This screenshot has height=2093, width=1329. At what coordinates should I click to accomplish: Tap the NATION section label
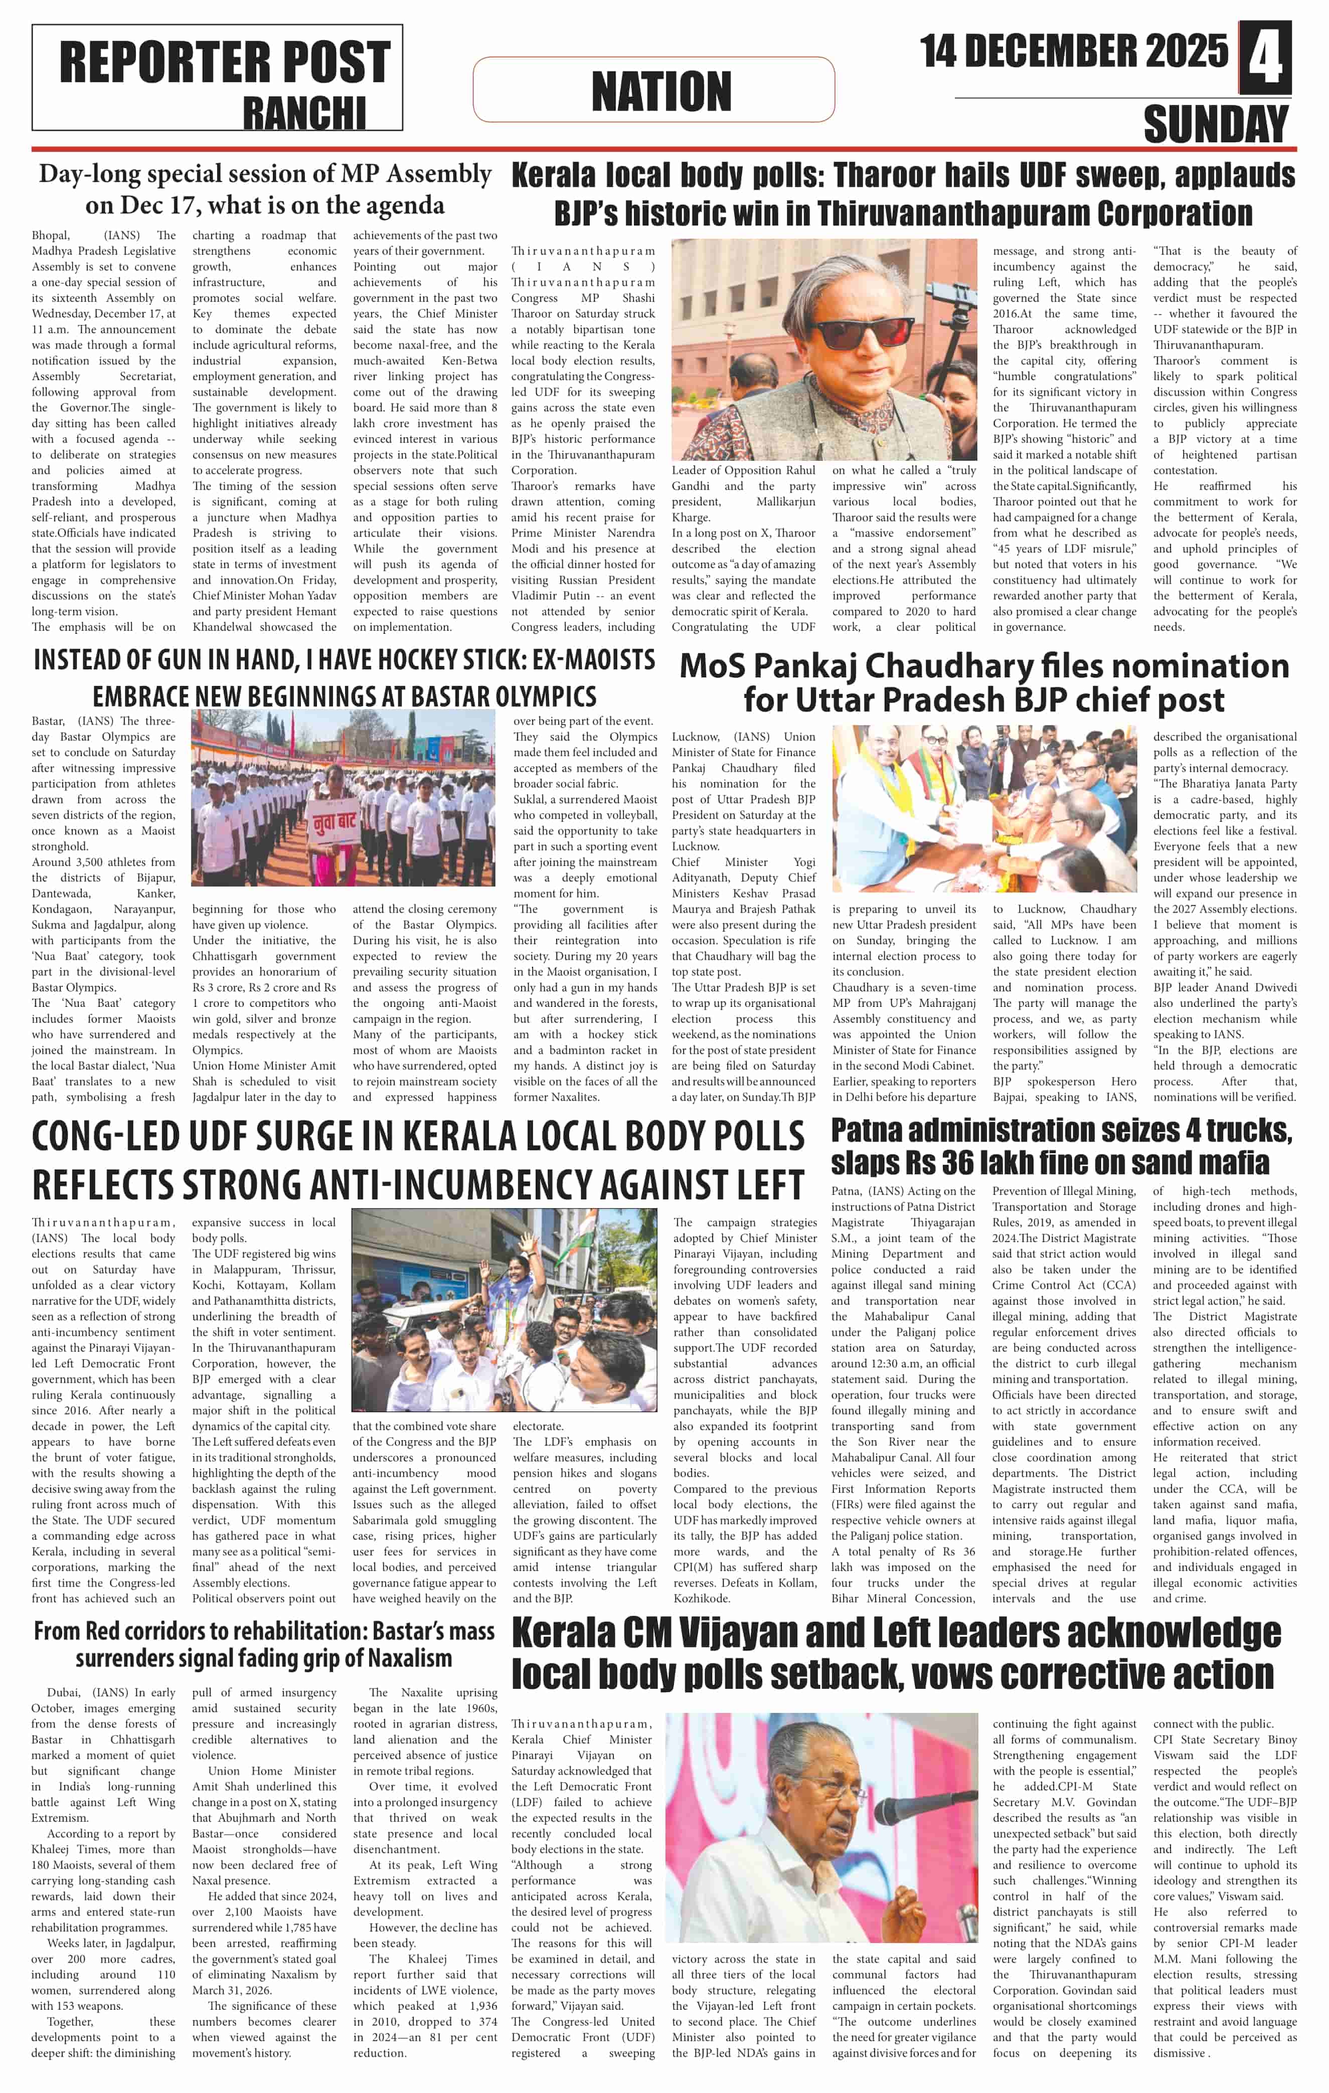pos(660,91)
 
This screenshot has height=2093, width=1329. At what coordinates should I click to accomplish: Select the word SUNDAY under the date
pos(1215,124)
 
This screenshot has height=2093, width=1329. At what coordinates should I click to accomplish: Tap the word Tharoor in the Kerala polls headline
pos(891,177)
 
